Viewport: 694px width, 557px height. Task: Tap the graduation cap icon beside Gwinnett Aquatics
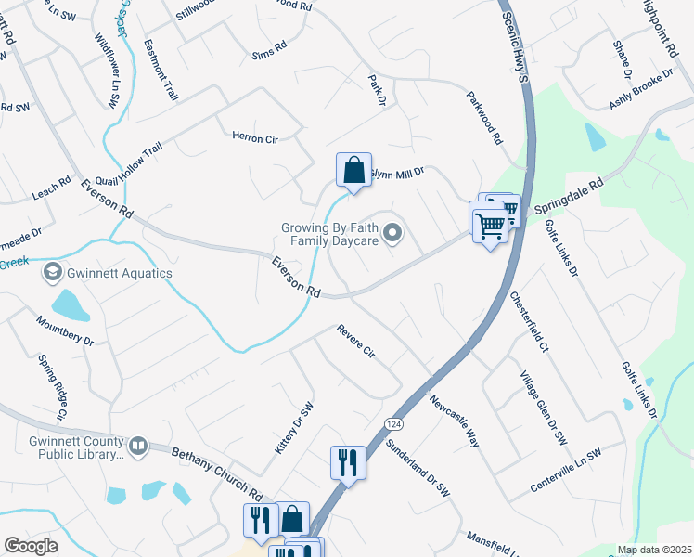tap(52, 273)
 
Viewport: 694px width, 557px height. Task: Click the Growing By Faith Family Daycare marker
tap(392, 234)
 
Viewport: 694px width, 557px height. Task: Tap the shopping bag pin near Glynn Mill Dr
tap(353, 172)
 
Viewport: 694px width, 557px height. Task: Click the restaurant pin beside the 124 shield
tap(347, 462)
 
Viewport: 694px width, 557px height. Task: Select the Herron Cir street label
tap(255, 137)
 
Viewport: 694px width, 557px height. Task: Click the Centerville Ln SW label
tap(566, 468)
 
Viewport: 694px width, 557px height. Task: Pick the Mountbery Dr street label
tap(66, 333)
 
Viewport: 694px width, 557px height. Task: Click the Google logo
tap(32, 545)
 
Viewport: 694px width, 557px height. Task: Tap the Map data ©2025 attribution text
tap(654, 550)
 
